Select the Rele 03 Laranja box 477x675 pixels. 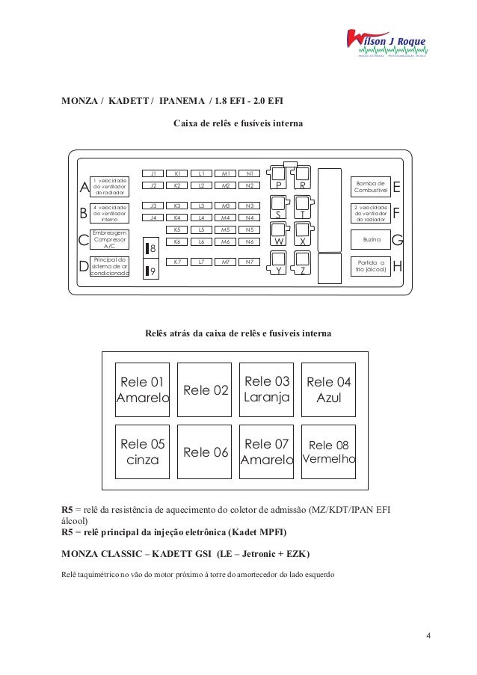tap(266, 389)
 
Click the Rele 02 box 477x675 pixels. tap(205, 389)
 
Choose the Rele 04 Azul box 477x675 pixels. tap(328, 389)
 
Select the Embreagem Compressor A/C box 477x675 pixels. tap(109, 240)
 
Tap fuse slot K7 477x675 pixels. tap(176, 262)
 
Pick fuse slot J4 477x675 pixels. tap(152, 218)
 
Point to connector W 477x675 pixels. tap(277, 241)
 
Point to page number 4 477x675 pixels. tap(428, 636)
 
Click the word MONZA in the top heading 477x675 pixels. tap(79, 101)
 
